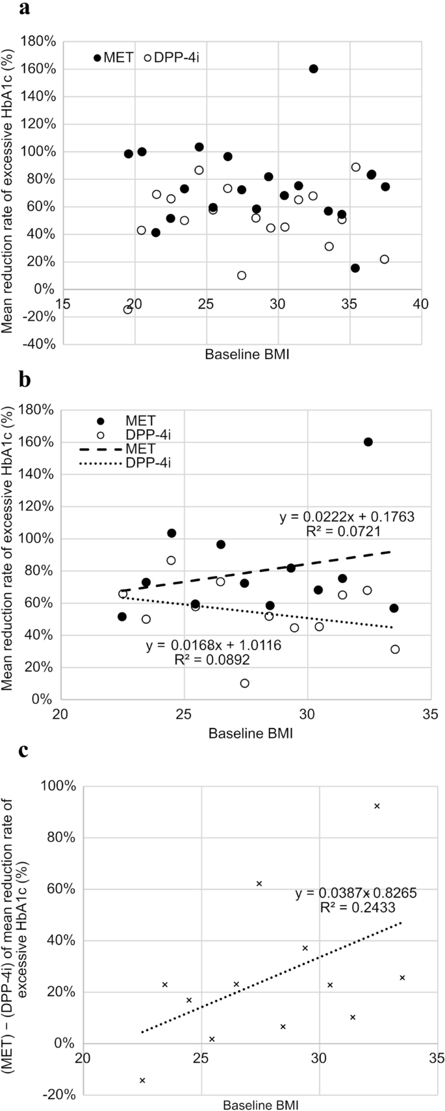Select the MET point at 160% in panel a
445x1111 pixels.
[x=313, y=69]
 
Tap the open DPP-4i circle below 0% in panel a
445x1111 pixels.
[x=128, y=309]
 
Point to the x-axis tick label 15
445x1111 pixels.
[x=63, y=304]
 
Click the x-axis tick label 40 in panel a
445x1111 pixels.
[x=421, y=304]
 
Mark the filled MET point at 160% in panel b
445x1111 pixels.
[x=368, y=442]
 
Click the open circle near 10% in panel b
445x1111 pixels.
[x=244, y=683]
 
